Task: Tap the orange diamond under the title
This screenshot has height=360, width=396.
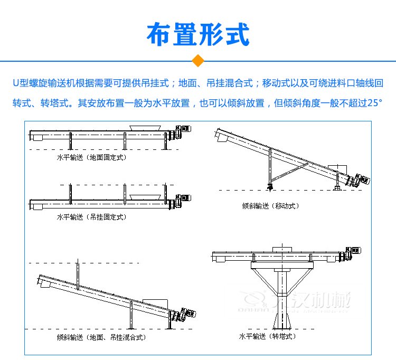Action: [x=198, y=61]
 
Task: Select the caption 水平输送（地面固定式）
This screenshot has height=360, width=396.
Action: [x=92, y=157]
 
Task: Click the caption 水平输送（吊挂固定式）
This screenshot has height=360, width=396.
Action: [x=92, y=217]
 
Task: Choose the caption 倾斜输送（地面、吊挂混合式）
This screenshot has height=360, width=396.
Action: [x=101, y=337]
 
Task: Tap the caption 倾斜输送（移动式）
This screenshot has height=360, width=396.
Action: [x=270, y=206]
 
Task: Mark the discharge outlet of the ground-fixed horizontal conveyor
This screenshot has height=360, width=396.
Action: [x=36, y=138]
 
